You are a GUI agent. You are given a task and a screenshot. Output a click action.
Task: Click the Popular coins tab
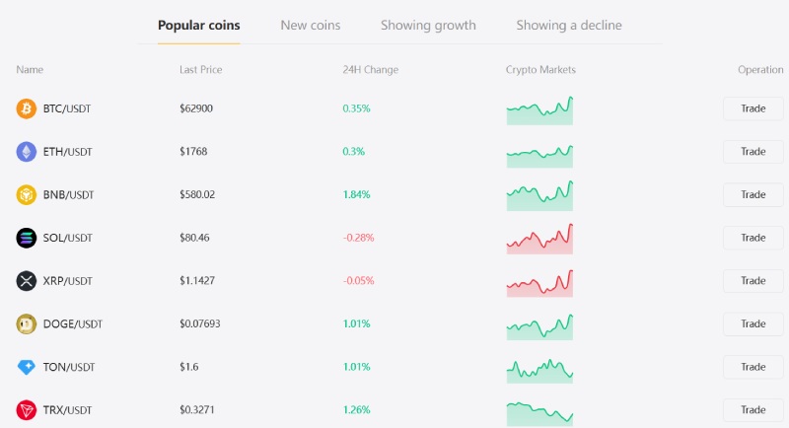(x=199, y=25)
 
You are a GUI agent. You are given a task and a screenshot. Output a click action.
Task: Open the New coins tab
(x=311, y=25)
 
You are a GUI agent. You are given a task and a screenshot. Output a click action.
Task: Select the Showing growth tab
(x=428, y=25)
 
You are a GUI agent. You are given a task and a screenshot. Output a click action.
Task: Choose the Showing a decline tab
(x=569, y=25)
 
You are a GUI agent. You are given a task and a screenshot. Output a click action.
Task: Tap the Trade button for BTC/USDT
(x=753, y=108)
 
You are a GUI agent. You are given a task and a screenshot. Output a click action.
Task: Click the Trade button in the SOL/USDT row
(x=753, y=238)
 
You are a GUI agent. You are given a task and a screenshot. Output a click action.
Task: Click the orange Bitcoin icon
(x=27, y=108)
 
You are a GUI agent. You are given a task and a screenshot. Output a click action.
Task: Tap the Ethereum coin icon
(x=27, y=152)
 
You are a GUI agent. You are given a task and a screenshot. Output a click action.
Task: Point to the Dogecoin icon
(x=27, y=324)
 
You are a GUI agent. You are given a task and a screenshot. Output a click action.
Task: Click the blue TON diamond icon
(x=27, y=367)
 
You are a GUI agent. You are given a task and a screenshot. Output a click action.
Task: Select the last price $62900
(x=196, y=108)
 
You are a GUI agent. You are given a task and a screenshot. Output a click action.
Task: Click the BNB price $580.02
(x=197, y=194)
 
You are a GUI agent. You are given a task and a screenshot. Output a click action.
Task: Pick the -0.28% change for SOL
(x=358, y=238)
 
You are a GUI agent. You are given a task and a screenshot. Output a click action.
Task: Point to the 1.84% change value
(x=356, y=194)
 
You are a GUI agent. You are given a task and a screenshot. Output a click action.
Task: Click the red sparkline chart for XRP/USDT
(x=539, y=283)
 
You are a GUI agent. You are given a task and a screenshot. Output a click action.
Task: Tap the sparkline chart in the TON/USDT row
(x=539, y=371)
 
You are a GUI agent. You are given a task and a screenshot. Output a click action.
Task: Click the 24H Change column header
(x=371, y=70)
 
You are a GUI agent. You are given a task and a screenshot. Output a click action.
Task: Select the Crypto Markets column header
(x=540, y=70)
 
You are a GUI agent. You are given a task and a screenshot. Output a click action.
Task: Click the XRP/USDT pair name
(x=67, y=281)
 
